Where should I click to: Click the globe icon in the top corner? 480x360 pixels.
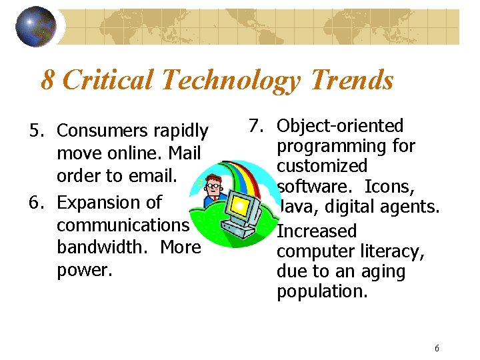pyautogui.click(x=35, y=27)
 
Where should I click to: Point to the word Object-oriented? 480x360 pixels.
pyautogui.click(x=340, y=125)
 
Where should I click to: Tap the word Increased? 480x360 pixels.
pyautogui.click(x=317, y=231)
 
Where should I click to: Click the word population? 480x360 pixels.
pyautogui.click(x=321, y=291)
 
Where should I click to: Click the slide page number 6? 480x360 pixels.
pyautogui.click(x=437, y=348)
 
